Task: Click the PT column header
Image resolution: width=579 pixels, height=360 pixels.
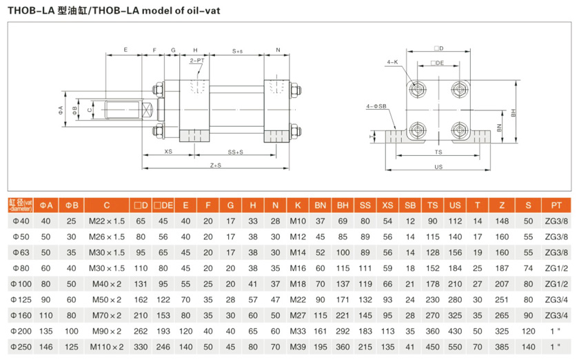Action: click(556, 206)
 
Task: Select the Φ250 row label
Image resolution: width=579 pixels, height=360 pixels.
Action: click(19, 347)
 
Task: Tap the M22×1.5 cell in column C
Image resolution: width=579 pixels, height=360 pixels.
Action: click(107, 221)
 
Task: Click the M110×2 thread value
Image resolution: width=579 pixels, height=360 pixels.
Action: click(107, 347)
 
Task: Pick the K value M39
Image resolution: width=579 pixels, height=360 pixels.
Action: click(297, 347)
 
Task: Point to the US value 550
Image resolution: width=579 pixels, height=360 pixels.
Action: click(454, 347)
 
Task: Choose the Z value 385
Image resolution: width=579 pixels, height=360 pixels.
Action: click(502, 347)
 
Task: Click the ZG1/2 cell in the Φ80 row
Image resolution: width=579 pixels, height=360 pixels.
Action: click(556, 268)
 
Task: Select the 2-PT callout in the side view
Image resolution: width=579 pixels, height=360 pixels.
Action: click(197, 61)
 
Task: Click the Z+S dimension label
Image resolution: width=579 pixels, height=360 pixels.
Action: click(216, 166)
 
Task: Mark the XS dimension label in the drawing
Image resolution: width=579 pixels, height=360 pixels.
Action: click(167, 151)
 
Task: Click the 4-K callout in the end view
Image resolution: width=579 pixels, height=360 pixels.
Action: click(392, 62)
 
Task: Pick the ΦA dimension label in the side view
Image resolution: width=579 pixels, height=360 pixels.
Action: click(61, 110)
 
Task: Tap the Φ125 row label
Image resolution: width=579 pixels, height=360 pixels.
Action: click(19, 300)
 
